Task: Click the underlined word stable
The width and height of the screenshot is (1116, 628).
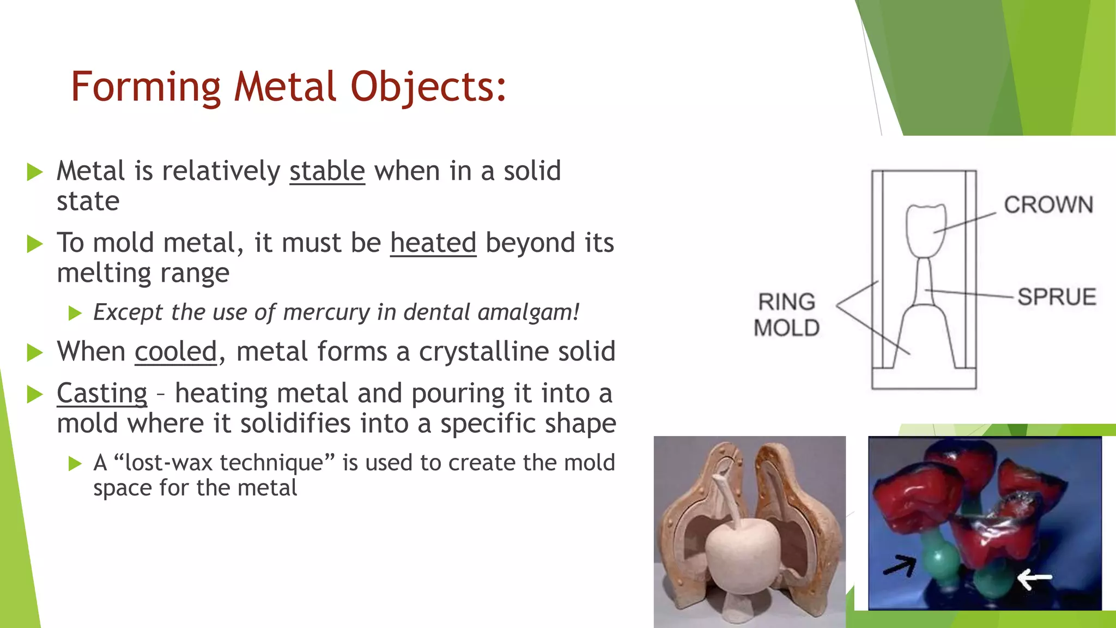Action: tap(327, 171)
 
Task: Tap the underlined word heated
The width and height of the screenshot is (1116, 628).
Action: tap(433, 243)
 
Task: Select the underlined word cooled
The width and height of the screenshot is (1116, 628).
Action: tap(175, 352)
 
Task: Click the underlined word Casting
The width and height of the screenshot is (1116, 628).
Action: tap(102, 394)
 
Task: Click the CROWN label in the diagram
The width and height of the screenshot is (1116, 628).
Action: tap(1048, 205)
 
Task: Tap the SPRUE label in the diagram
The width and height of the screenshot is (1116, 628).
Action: tap(1057, 297)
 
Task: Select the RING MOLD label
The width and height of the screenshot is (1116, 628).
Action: tap(787, 315)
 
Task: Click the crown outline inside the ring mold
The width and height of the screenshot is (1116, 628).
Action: tap(925, 229)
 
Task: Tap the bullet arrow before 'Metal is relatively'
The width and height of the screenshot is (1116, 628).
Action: tap(35, 172)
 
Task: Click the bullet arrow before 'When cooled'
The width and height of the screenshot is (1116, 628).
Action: tap(35, 353)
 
